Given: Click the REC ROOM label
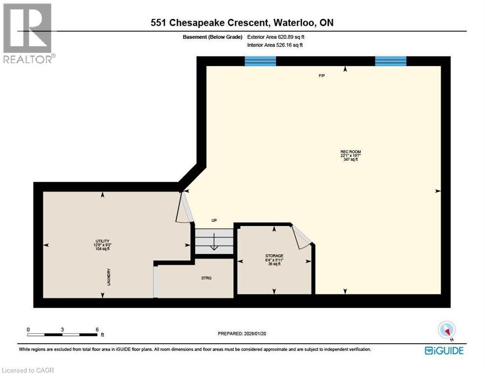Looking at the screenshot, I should point(351,152).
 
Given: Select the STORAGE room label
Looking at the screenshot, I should point(274,256).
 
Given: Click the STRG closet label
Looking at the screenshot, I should point(206,278).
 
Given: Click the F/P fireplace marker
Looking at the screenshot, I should point(322,76).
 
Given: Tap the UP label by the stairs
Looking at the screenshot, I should point(214,220).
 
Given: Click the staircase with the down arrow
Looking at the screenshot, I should point(213,241).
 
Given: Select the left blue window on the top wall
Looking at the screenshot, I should point(260,61).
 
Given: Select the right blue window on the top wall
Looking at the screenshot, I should point(391,61).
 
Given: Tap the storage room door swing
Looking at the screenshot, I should point(301,237).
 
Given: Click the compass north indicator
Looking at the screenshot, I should point(447,330).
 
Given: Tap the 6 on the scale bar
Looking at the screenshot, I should point(97,329).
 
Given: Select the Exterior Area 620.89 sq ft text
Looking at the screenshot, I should point(276,37).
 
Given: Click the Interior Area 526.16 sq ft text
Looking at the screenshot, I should point(275,45).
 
